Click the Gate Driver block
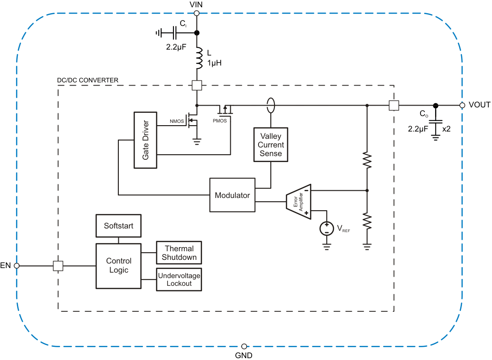145,140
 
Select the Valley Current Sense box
271,145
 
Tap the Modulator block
232,195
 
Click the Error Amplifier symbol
299,200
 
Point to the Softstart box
118,226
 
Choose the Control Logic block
118,266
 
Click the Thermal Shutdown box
179,253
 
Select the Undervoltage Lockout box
179,279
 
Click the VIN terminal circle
197,14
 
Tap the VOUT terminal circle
462,105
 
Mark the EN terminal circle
17,265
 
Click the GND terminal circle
244,346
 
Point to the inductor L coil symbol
198,59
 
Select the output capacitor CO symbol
436,122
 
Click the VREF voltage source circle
326,228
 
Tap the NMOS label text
177,122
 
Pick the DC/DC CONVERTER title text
87,80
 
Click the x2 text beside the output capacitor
446,129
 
